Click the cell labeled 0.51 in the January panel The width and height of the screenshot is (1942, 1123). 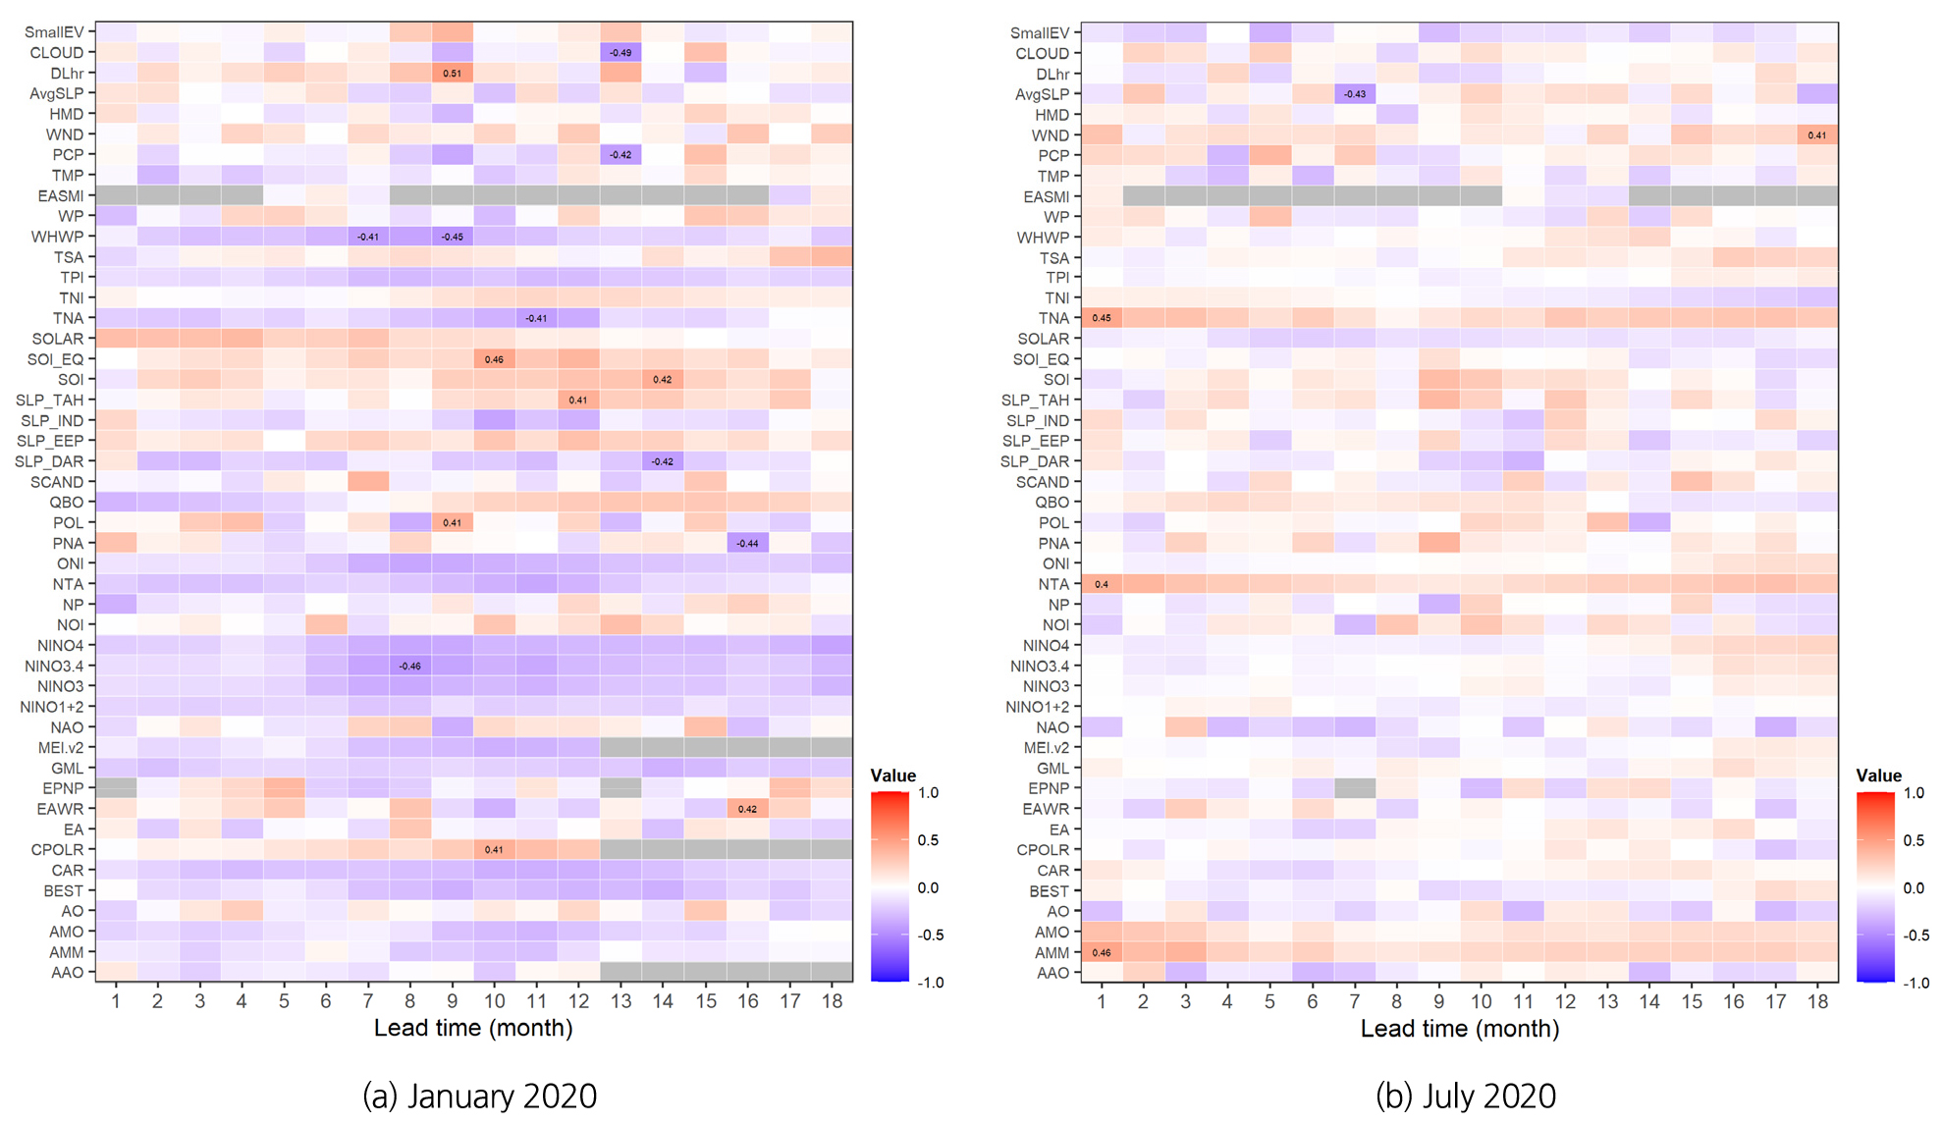point(452,74)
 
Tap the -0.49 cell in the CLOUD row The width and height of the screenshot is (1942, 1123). point(620,53)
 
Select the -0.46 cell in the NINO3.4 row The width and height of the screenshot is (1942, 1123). point(409,667)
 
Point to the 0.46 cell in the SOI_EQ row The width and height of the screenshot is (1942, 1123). point(494,359)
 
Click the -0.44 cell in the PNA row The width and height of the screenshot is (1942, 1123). point(747,544)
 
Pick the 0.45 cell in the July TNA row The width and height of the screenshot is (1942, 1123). point(1102,318)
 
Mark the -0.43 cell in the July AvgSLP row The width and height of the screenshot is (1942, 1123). point(1355,94)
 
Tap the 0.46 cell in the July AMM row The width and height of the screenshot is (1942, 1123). point(1102,953)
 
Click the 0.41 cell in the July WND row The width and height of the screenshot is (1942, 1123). point(1817,135)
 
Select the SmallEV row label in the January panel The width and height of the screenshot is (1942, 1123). point(54,32)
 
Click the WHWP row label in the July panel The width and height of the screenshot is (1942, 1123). point(1043,238)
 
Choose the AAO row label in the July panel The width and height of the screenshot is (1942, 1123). point(1052,974)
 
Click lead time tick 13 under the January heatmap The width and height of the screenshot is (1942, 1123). point(620,1001)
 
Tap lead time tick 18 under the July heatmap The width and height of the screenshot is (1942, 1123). point(1817,1002)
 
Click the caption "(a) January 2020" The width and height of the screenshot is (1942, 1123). point(479,1096)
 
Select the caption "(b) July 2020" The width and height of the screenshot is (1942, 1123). point(1465,1096)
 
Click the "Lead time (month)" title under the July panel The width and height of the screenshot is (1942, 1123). point(1459,1029)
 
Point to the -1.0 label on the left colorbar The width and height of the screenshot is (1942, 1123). point(930,983)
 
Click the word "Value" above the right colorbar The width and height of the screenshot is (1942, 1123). point(1878,775)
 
